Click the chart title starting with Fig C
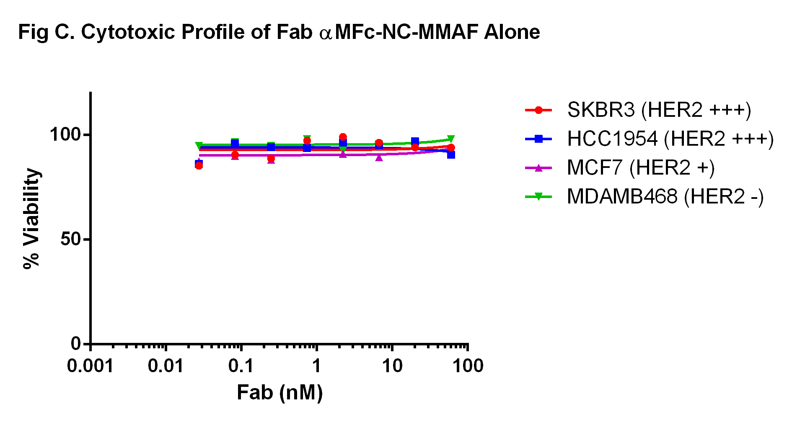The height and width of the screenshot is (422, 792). click(279, 32)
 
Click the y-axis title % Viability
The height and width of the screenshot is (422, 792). click(31, 218)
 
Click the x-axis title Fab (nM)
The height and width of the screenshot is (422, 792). click(280, 393)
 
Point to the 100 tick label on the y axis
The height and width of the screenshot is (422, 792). click(65, 134)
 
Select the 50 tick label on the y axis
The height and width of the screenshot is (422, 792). click(70, 239)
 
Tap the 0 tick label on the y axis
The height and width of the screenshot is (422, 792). click(75, 344)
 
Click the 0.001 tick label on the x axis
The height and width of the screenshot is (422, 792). click(90, 366)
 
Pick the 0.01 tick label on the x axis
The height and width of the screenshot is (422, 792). click(166, 366)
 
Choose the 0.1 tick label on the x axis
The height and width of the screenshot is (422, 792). click(241, 366)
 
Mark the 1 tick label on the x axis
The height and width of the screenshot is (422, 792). click(316, 366)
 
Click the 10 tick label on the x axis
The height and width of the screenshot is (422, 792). click(392, 366)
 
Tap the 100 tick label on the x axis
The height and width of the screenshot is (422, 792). click(468, 366)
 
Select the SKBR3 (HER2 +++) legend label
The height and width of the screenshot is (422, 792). click(659, 110)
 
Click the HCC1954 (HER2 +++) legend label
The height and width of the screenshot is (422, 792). click(670, 139)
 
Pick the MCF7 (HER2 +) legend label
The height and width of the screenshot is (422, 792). click(641, 168)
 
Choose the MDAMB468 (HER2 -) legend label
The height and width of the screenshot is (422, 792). click(665, 197)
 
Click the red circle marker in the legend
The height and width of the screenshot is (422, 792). click(538, 110)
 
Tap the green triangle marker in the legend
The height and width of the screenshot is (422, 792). click(538, 196)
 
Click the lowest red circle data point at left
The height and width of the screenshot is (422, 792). click(199, 166)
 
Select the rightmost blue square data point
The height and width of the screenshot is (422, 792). click(451, 154)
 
